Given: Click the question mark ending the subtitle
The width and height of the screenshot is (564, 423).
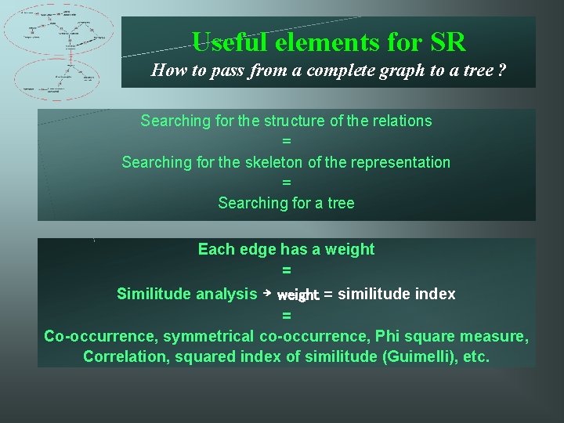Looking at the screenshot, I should coord(501,70).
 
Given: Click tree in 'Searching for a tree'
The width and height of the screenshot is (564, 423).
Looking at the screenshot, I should coord(341,203).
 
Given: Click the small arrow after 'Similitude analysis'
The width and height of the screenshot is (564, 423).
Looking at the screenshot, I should coord(266,293).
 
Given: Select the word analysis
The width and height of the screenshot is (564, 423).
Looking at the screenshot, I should coord(226,294).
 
